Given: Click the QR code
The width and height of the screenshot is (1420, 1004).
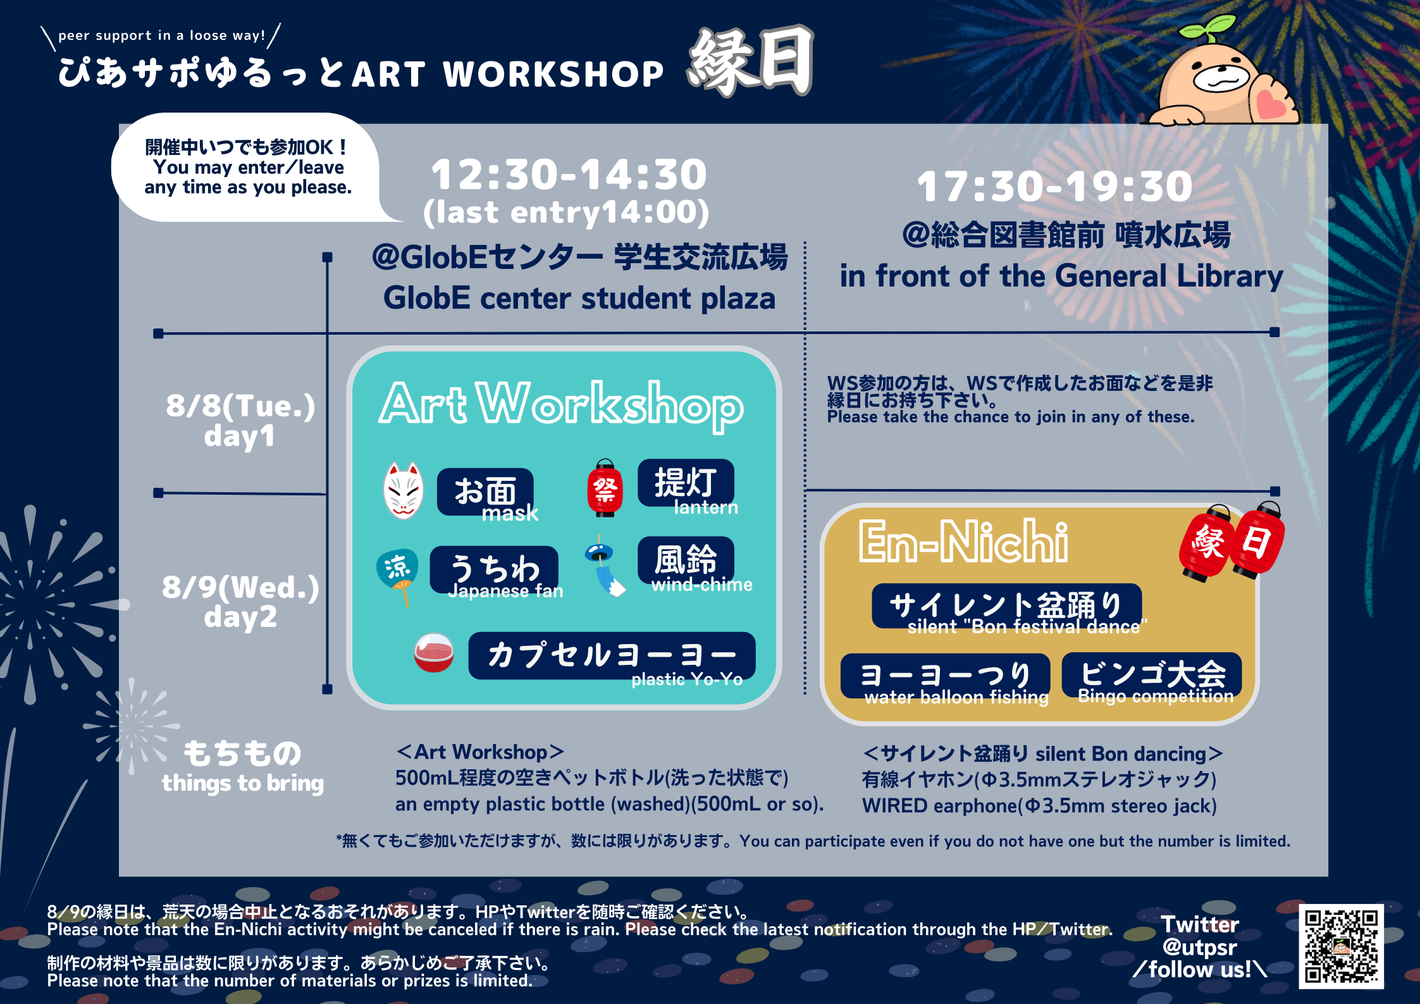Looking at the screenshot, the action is [x=1341, y=946].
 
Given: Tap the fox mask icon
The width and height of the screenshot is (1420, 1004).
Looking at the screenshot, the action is [x=404, y=490].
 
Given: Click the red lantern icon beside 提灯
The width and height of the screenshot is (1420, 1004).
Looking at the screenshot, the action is [x=605, y=488].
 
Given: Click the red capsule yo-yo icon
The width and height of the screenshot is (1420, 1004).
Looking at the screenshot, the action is [x=434, y=653].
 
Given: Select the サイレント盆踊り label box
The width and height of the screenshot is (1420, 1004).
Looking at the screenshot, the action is [x=1006, y=606].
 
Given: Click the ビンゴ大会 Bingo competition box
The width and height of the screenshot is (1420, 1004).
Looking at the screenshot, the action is [x=1152, y=675].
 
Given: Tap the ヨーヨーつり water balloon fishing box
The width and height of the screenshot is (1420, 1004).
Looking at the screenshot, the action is [x=946, y=676].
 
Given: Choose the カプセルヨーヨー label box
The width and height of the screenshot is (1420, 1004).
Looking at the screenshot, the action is [x=612, y=655].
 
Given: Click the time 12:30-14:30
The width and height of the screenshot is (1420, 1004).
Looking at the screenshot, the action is [x=569, y=175].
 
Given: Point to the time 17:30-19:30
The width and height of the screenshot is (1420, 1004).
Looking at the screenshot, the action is [x=1054, y=187].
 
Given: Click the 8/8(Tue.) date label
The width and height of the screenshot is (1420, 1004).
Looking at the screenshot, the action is [x=240, y=406].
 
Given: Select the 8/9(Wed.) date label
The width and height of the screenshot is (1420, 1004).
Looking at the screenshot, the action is [x=240, y=587].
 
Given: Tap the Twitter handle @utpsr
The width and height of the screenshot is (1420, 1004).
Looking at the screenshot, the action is [x=1199, y=947].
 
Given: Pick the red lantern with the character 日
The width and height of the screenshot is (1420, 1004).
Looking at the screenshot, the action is [x=1259, y=540].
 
